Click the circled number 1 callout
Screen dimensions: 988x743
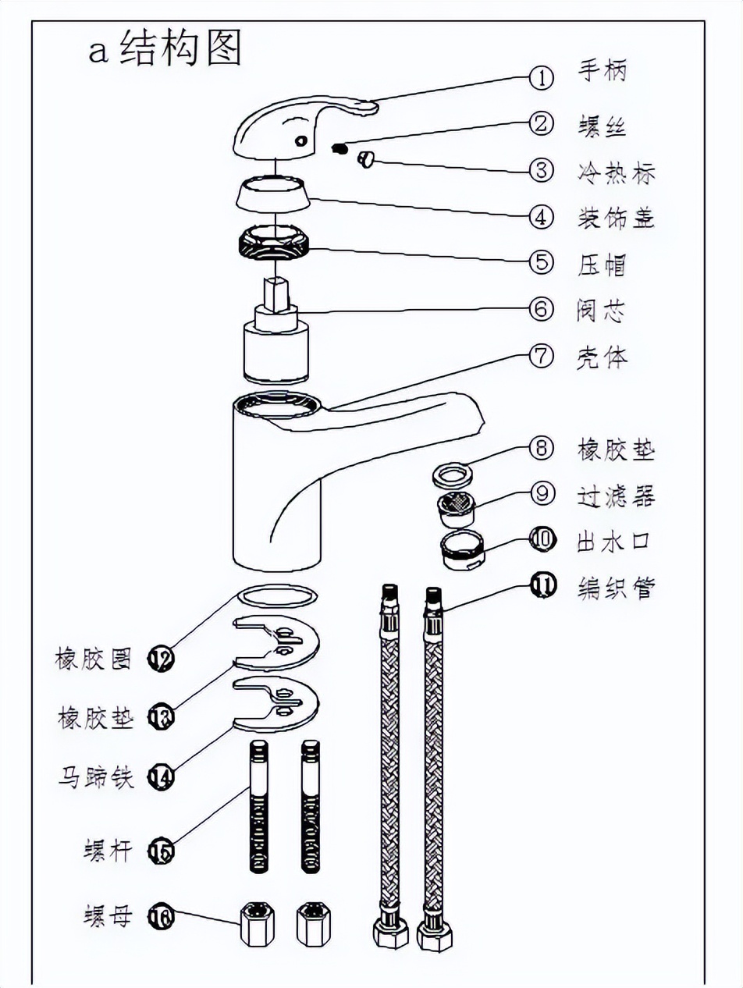coord(541,76)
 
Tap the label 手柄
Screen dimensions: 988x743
coord(602,72)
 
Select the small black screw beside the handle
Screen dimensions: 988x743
coord(339,148)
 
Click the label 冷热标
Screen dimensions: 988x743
coord(616,172)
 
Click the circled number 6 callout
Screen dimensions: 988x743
coord(541,308)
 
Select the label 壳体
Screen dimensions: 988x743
coord(602,358)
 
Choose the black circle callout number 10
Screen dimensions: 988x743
coord(542,538)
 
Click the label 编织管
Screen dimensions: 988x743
coord(616,586)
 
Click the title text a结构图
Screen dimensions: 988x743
coord(164,50)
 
